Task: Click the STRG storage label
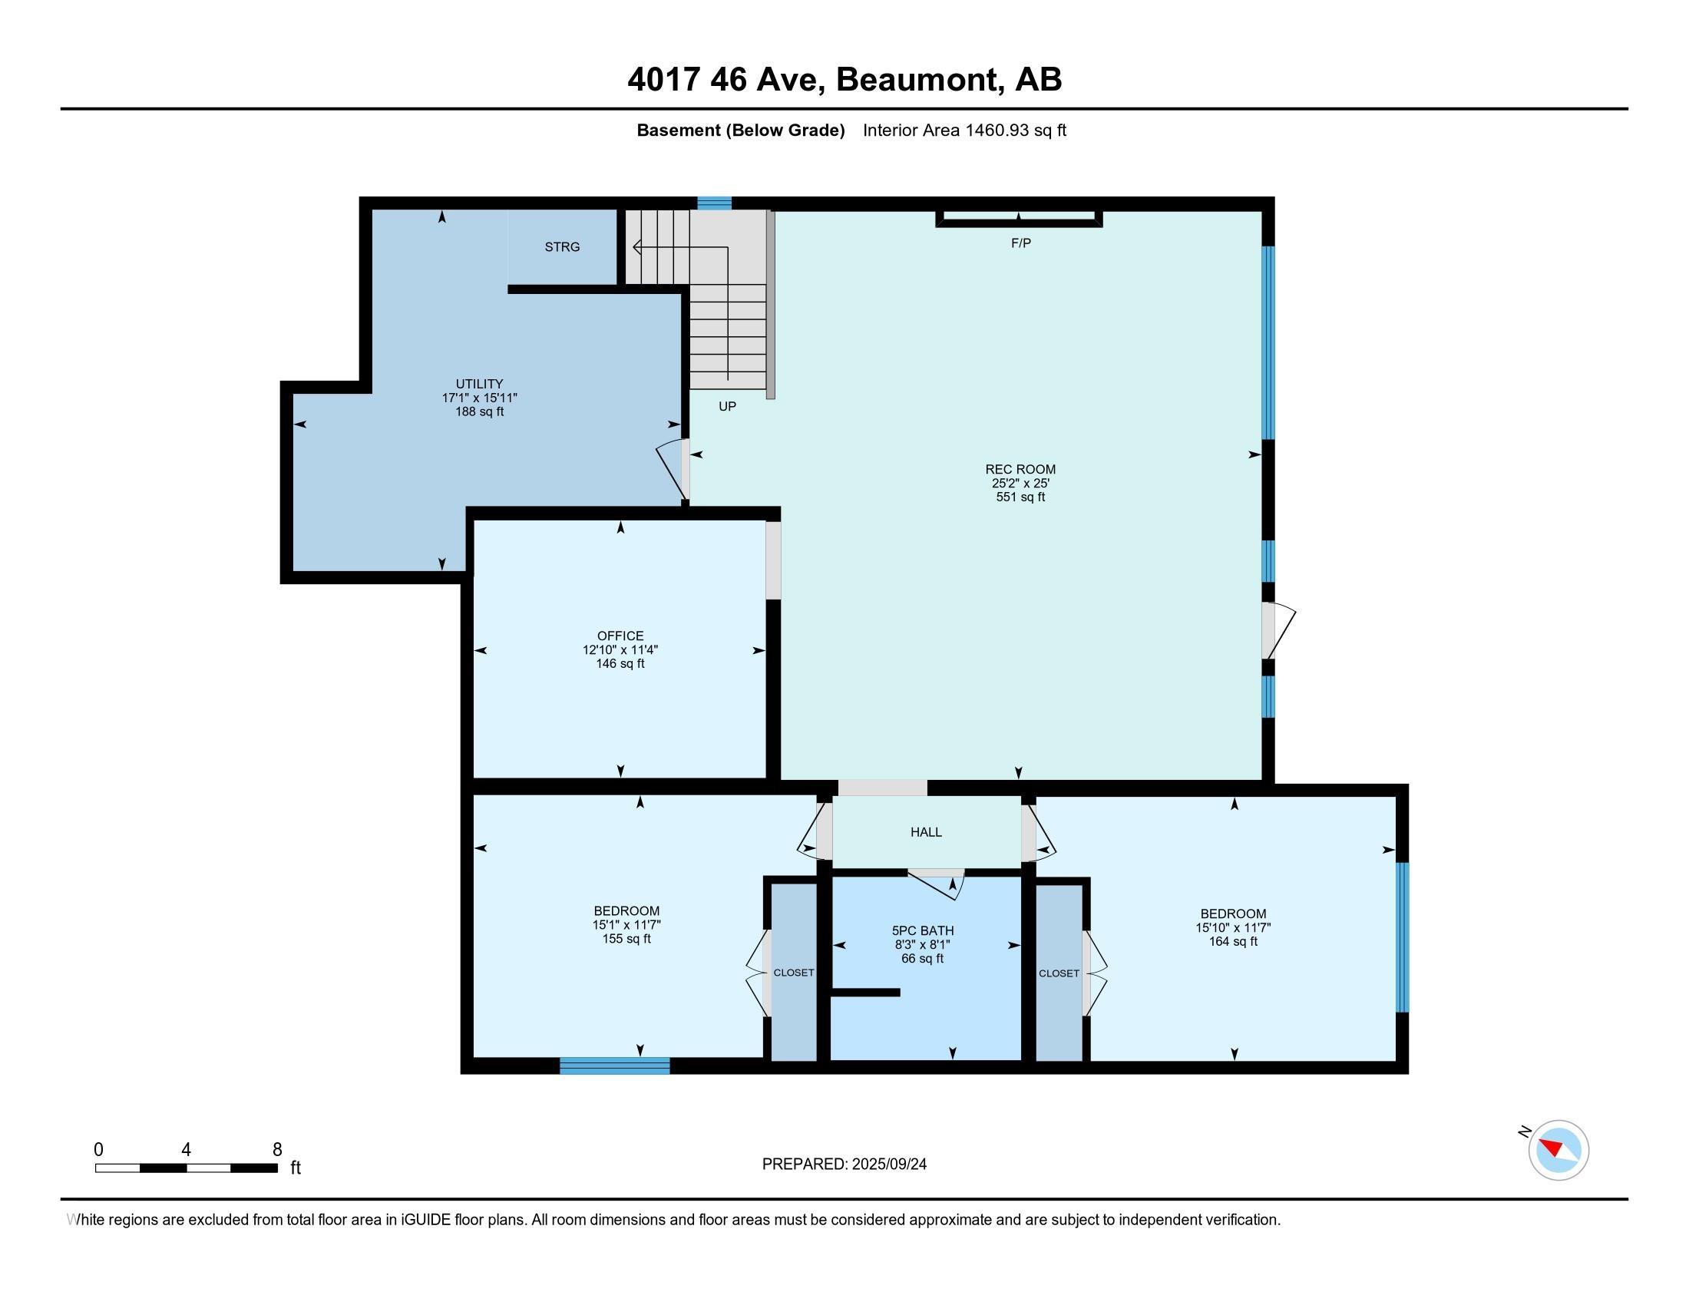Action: pos(561,246)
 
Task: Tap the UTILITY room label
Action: pos(479,384)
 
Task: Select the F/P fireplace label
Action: pos(1021,243)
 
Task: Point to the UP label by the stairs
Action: pos(727,406)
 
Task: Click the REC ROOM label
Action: pos(1020,468)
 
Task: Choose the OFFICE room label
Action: pos(620,636)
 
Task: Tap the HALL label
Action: pos(926,832)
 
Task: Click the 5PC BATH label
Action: pos(923,930)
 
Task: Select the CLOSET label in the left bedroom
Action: pos(794,972)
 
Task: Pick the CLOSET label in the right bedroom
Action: pos(1059,973)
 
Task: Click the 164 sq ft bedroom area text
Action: pos(1233,941)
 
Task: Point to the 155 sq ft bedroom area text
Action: pos(626,939)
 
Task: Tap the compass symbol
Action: pos(1558,1150)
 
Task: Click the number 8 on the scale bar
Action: pos(277,1149)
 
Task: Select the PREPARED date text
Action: pos(844,1164)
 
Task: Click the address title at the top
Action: pos(844,79)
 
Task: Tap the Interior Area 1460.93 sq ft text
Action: pos(964,130)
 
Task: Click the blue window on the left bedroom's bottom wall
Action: pos(615,1065)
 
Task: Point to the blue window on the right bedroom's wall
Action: pos(1402,937)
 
